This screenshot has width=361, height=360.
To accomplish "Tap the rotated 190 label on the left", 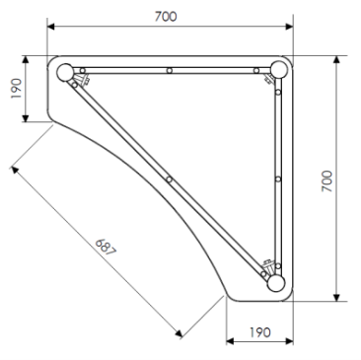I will pyautogui.click(x=14, y=90).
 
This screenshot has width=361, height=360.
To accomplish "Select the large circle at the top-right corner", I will pyautogui.click(x=277, y=70).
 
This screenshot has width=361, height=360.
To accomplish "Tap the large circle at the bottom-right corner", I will pyautogui.click(x=276, y=283).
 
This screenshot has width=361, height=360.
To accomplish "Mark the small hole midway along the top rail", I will pyautogui.click(x=170, y=70).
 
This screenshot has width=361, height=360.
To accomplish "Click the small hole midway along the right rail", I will pyautogui.click(x=278, y=179).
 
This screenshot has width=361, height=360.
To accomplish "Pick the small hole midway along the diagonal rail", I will pyautogui.click(x=170, y=179).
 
